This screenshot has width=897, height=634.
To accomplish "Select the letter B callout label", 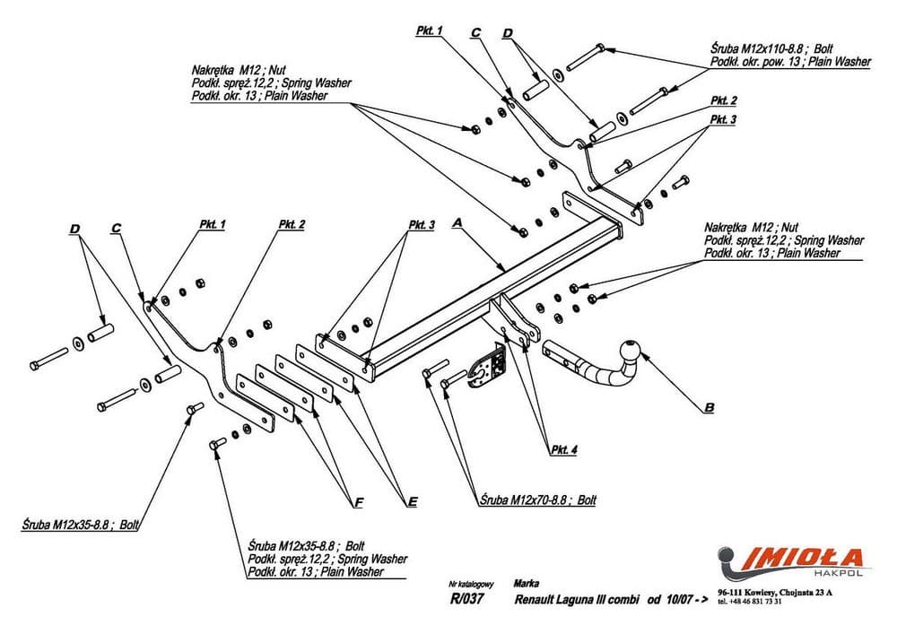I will tap(710, 409).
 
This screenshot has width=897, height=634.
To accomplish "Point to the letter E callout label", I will tap(412, 502).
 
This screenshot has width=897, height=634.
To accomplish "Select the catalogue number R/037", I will tap(466, 601).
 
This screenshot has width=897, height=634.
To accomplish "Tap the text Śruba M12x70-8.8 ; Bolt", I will tap(537, 499).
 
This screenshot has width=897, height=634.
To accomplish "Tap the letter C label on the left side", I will tap(116, 229).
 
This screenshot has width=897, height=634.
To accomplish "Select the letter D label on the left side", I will tap(74, 230).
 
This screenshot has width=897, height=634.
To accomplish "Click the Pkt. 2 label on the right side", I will tap(723, 100).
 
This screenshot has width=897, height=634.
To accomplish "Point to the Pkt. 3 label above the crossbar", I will tap(420, 224).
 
